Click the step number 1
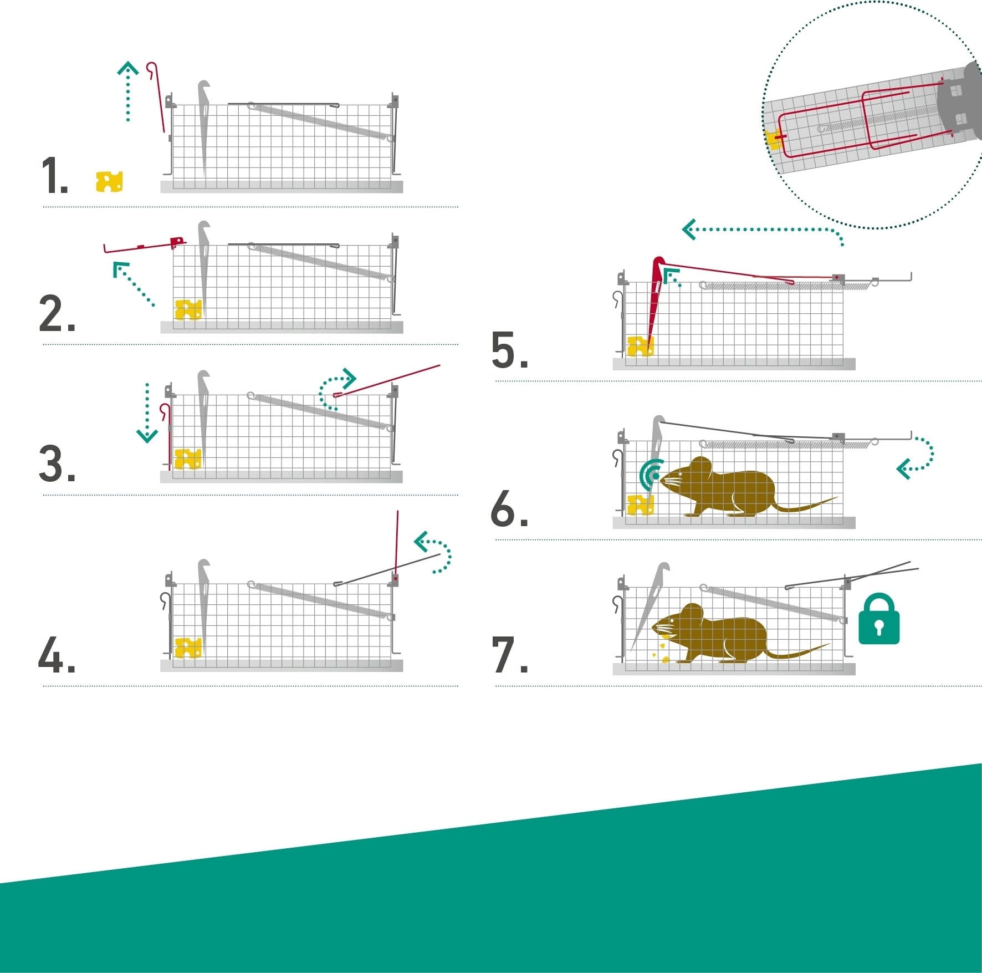pyautogui.click(x=54, y=175)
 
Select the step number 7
pyautogui.click(x=509, y=655)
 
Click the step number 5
pyautogui.click(x=509, y=350)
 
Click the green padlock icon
pyautogui.click(x=879, y=619)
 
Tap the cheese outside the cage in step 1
pyautogui.click(x=109, y=181)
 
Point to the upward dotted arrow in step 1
pyautogui.click(x=128, y=91)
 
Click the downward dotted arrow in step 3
pyautogui.click(x=147, y=412)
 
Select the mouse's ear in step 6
pyautogui.click(x=701, y=469)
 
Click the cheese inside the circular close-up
pyautogui.click(x=774, y=140)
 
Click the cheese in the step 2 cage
pyautogui.click(x=188, y=310)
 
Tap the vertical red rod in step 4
pyautogui.click(x=397, y=546)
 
